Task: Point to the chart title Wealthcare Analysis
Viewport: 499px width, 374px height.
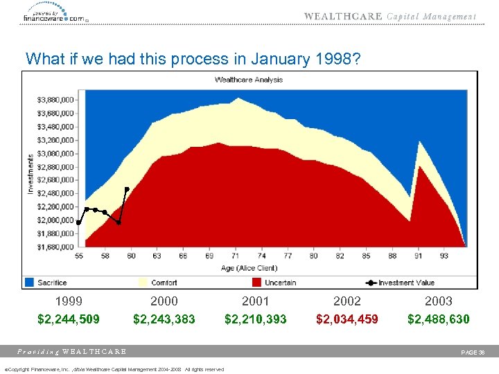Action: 249,80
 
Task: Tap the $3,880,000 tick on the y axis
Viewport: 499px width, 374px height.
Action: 55,100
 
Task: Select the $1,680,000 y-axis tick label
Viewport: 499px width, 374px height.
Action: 55,247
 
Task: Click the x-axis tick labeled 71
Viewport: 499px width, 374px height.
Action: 236,256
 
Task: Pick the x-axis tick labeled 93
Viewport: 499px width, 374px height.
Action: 444,256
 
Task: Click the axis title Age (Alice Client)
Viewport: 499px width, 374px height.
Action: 249,267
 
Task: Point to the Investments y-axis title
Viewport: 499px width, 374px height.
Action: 30,172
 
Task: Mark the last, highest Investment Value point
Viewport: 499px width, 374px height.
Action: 127,188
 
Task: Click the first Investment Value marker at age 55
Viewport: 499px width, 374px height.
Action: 79,223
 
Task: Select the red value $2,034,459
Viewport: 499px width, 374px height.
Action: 347,319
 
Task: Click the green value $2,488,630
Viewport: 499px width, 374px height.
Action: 438,319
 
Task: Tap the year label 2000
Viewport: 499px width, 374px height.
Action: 164,301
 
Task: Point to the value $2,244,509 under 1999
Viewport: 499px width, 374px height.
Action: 69,319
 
